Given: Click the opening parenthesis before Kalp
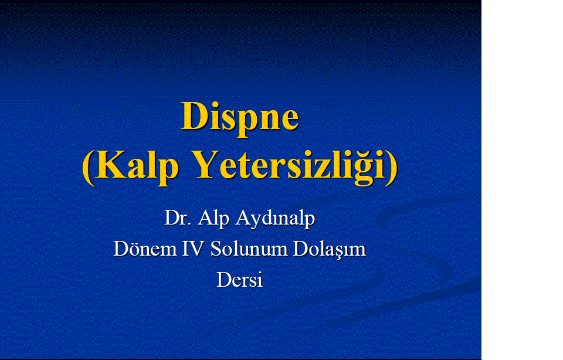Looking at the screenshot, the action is point(88,167).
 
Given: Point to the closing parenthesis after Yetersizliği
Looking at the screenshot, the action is point(392,167).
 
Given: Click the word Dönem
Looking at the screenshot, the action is point(145,249).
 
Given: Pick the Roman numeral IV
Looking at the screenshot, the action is point(193,249).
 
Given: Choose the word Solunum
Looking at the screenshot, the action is point(249,249).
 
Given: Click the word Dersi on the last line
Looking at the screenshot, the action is point(239,280).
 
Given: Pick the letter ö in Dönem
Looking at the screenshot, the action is point(135,250).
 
